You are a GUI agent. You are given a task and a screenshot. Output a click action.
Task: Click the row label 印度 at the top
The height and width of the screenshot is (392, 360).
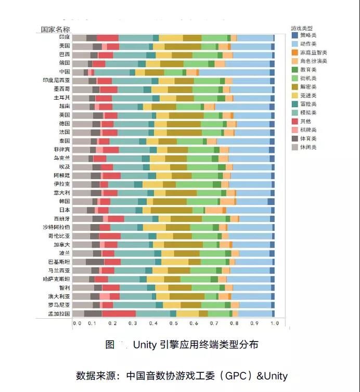(x=64, y=37)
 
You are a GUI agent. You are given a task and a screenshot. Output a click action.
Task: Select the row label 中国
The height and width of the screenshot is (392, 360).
(x=64, y=72)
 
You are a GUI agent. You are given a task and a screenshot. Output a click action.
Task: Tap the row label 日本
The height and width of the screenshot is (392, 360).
(x=64, y=210)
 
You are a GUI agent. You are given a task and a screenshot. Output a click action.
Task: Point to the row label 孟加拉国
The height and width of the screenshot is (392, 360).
(x=59, y=313)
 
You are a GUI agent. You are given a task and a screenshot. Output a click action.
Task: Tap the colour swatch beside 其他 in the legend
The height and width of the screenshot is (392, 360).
(x=294, y=121)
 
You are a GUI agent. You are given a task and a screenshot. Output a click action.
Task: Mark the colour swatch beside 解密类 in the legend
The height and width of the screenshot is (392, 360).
(x=294, y=87)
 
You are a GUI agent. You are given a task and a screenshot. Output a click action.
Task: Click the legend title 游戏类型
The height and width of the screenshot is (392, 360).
(x=302, y=27)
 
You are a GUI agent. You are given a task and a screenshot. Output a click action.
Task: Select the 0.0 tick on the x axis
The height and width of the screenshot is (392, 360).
(x=76, y=323)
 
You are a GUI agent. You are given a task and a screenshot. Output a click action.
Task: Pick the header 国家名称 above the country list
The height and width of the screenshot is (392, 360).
(x=56, y=29)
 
